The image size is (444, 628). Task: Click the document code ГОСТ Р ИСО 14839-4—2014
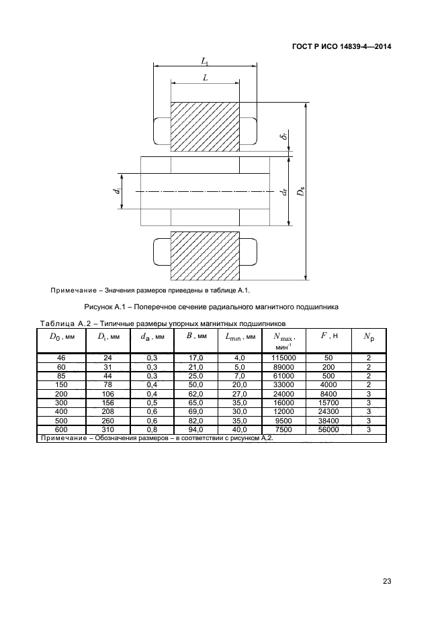(x=341, y=47)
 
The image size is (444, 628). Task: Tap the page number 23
(x=387, y=581)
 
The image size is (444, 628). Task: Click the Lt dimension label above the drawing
(x=205, y=61)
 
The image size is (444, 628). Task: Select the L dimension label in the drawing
(x=206, y=78)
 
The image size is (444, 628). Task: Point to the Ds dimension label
(x=301, y=191)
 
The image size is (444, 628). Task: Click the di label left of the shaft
(x=117, y=191)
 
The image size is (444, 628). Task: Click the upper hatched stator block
(x=205, y=127)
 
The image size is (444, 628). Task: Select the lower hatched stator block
(x=205, y=256)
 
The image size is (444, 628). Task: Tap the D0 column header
(x=61, y=337)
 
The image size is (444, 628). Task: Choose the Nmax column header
(x=283, y=341)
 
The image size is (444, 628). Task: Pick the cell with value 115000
(x=283, y=358)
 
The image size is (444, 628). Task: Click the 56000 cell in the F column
(x=328, y=430)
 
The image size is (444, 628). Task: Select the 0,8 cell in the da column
(x=152, y=430)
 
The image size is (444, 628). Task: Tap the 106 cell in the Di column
(x=108, y=394)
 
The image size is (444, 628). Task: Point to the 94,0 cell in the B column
(x=195, y=430)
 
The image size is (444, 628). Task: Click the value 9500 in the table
(x=283, y=421)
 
